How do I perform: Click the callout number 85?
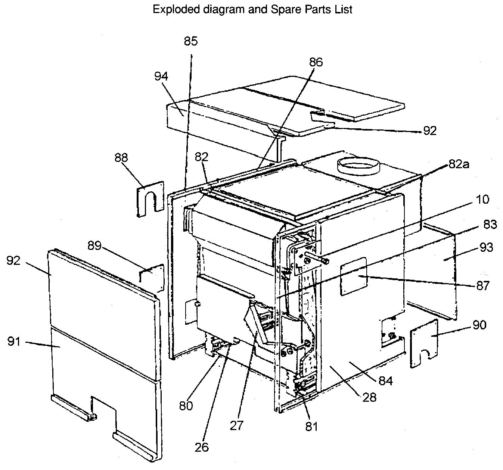click(191, 41)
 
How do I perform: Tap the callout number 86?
click(316, 62)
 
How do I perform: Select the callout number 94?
click(161, 76)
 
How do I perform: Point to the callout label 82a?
click(459, 164)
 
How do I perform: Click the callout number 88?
click(121, 158)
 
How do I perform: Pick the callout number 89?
click(94, 245)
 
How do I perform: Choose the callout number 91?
click(14, 342)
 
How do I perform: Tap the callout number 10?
click(482, 200)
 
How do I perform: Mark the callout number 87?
click(483, 286)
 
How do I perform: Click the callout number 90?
click(479, 325)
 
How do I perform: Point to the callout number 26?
click(202, 447)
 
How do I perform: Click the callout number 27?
click(236, 426)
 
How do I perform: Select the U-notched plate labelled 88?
click(150, 199)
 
